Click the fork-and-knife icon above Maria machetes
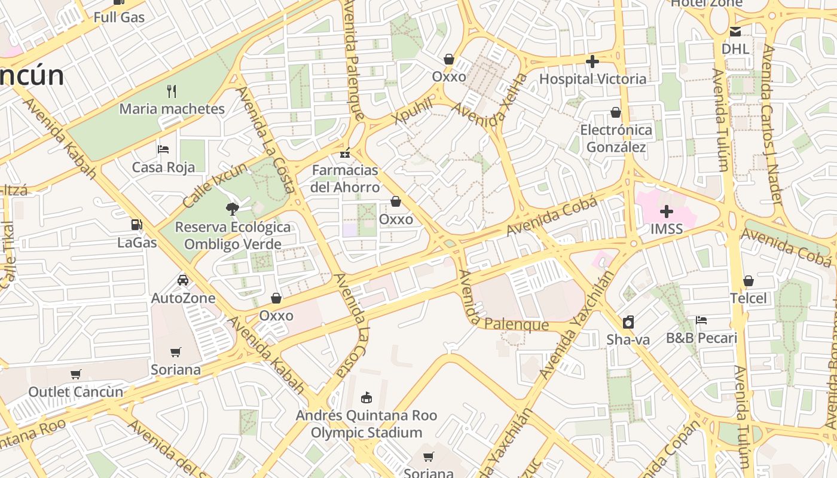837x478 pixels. click(172, 91)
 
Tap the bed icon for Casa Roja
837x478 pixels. click(163, 149)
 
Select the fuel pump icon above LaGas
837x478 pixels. click(137, 225)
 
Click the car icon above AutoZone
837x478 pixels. click(183, 280)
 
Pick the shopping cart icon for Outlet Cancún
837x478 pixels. click(76, 375)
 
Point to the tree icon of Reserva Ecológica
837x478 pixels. click(232, 209)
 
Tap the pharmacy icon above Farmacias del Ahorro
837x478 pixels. click(345, 153)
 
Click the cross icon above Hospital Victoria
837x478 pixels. click(592, 62)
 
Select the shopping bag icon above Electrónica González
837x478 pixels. click(616, 112)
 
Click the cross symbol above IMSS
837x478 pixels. click(666, 212)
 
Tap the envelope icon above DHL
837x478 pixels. click(735, 32)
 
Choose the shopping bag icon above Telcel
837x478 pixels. click(748, 281)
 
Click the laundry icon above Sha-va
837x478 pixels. click(628, 323)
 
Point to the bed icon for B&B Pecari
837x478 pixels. click(701, 321)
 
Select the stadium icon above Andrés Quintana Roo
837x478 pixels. click(366, 397)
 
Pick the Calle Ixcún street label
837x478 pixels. click(215, 185)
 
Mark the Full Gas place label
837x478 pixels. click(119, 17)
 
